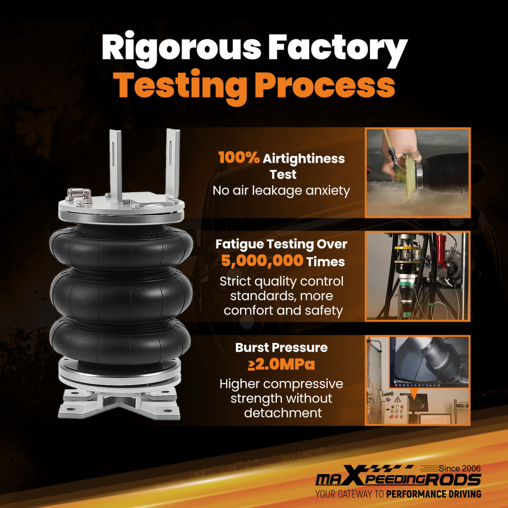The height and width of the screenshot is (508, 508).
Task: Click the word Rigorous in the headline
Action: click(x=181, y=49)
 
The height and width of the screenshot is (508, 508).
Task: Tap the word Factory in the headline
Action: click(x=337, y=49)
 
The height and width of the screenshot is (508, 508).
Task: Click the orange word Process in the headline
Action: click(x=325, y=85)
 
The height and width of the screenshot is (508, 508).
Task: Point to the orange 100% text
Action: click(x=239, y=157)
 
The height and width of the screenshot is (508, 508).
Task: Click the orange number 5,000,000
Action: click(x=263, y=261)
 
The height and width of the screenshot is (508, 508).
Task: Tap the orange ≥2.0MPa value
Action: click(x=281, y=364)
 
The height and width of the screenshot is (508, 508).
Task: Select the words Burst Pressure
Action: click(x=281, y=347)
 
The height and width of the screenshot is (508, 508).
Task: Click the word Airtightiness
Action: click(x=304, y=158)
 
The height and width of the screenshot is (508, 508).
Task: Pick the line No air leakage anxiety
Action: click(x=281, y=190)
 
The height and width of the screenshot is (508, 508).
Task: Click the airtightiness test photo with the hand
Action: click(x=418, y=172)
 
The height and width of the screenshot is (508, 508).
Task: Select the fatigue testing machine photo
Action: click(x=418, y=276)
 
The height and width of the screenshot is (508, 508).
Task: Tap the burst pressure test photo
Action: click(x=418, y=380)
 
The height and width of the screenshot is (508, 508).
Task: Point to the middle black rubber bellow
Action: click(x=121, y=295)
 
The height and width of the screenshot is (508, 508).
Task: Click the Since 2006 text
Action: click(x=460, y=468)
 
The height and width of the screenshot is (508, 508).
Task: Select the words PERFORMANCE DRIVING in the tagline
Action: click(x=433, y=494)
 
